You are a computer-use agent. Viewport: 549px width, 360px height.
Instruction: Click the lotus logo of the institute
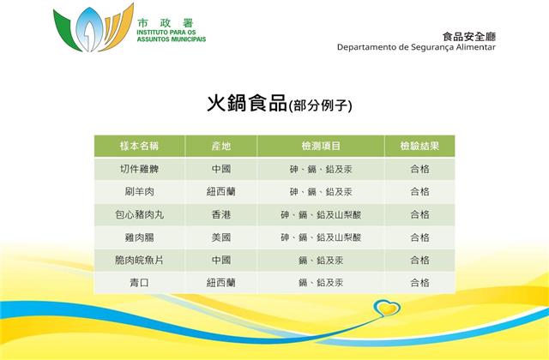point(94,28)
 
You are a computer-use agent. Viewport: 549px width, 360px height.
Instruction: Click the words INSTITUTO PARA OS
point(166,33)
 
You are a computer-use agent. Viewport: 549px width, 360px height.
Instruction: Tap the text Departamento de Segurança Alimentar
point(416,47)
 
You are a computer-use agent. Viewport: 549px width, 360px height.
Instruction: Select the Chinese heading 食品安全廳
point(469,36)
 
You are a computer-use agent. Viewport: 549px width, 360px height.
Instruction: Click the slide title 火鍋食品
point(247,103)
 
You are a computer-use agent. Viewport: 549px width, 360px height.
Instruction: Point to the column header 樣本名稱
point(139,146)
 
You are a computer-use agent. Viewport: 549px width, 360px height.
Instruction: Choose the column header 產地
point(221,146)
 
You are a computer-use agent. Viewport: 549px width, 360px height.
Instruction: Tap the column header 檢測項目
point(321,146)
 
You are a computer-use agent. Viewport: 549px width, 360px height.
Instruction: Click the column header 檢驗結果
point(419,146)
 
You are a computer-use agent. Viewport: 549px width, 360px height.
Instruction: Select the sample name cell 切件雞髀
point(139,169)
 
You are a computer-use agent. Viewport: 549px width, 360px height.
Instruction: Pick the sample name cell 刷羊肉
point(139,192)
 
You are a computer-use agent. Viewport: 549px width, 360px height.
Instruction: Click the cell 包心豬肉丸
point(139,214)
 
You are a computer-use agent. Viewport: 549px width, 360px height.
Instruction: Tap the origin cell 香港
point(221,214)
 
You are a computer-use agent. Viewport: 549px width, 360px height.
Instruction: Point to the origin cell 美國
point(221,237)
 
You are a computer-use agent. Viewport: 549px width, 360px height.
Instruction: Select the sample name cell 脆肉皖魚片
point(139,260)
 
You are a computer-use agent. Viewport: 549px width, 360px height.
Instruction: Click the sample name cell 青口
point(139,283)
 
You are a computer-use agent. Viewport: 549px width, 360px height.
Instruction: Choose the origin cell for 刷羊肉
point(221,192)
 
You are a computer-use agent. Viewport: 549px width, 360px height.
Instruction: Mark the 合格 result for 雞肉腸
point(419,237)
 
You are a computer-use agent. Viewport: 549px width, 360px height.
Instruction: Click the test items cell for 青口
point(321,283)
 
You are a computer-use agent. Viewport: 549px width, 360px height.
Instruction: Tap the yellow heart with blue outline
point(387,308)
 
